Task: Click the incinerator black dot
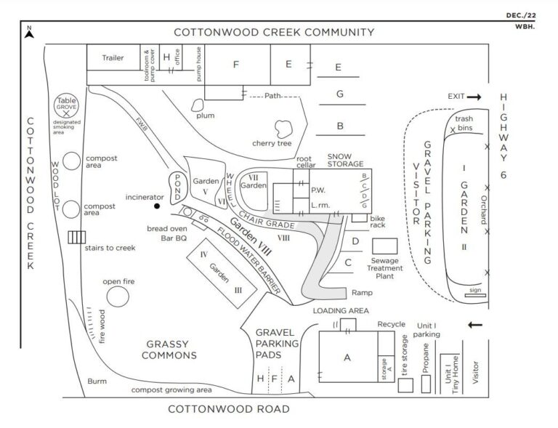pyautogui.click(x=156, y=206)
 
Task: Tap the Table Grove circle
pyautogui.click(x=66, y=106)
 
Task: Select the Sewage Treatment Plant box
pyautogui.click(x=385, y=246)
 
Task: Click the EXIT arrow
pyautogui.click(x=473, y=97)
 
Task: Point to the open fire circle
pyautogui.click(x=118, y=296)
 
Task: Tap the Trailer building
pyautogui.click(x=113, y=57)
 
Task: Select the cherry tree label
pyautogui.click(x=272, y=143)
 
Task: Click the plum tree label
pyautogui.click(x=204, y=116)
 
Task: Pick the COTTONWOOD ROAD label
pyautogui.click(x=229, y=409)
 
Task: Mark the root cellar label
pyautogui.click(x=304, y=161)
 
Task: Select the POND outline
pyautogui.click(x=177, y=188)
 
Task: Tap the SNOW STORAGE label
pyautogui.click(x=345, y=160)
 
